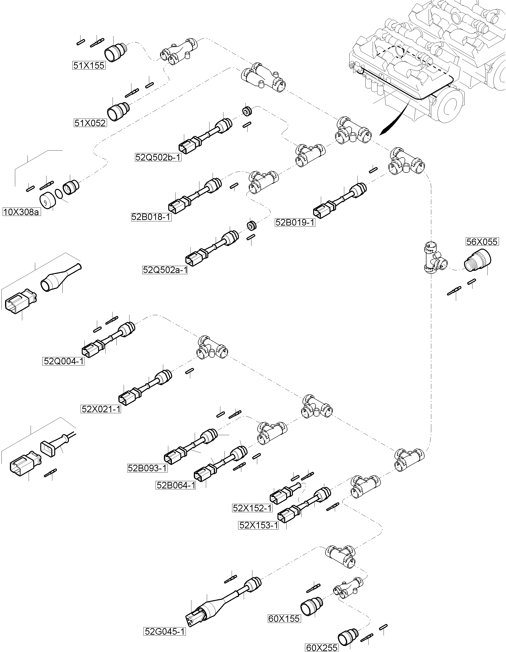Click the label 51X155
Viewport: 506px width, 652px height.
[x=89, y=65]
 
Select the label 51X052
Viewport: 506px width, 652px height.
[x=90, y=123]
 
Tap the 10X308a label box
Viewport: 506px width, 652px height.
[x=21, y=212]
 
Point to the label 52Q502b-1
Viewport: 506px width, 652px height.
[x=158, y=157]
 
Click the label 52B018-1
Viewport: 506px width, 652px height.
[x=151, y=217]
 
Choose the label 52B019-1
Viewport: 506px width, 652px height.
[x=295, y=223]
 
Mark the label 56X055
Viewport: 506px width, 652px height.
[x=482, y=241]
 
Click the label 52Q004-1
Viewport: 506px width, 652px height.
[x=63, y=361]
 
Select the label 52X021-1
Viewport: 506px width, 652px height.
[x=101, y=409]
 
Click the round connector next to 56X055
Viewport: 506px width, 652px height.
[x=478, y=261]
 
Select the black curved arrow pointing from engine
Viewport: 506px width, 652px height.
[x=394, y=120]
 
